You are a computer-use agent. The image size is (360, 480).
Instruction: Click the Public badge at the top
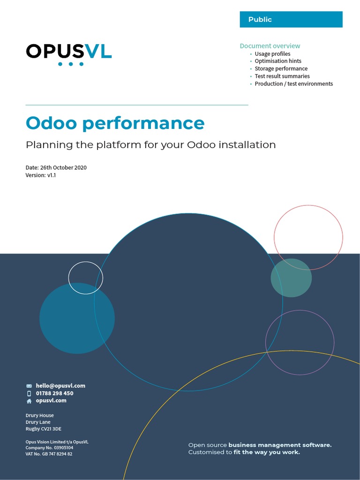click(291, 20)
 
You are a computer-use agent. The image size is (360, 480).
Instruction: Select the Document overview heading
click(270, 46)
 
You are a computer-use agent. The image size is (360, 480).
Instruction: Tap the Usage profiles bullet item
click(272, 54)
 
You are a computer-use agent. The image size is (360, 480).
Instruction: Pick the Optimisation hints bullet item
click(278, 61)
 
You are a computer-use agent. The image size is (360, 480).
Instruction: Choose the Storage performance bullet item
click(281, 69)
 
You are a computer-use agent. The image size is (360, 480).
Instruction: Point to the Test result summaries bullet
click(282, 76)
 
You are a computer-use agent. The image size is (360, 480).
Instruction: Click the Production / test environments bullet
click(294, 84)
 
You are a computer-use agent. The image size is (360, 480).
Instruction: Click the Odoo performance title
click(115, 123)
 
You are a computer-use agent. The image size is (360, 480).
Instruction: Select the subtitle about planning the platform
click(150, 145)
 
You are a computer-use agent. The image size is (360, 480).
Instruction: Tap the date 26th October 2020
click(56, 168)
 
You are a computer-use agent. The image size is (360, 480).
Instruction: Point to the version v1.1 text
click(41, 175)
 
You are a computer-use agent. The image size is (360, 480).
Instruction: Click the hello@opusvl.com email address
click(60, 386)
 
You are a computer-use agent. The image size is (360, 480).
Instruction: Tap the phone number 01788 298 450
click(54, 393)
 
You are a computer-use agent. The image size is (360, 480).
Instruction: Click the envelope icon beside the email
click(29, 386)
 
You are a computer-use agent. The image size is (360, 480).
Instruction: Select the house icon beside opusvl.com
click(29, 401)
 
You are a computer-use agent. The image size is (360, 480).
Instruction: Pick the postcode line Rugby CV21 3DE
click(44, 429)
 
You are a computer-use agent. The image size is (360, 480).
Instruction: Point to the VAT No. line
click(49, 454)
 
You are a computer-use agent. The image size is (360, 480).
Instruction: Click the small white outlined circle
click(85, 278)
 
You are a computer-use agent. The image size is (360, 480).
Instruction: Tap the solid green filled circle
click(291, 278)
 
